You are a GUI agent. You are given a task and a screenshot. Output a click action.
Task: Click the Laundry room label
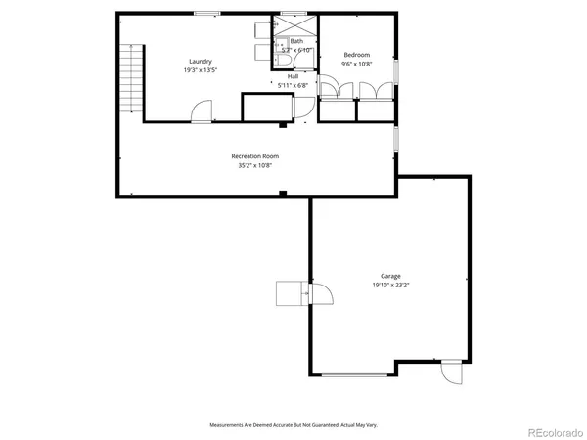pos(201,62)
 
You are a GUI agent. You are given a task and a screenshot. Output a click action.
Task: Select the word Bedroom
pos(355,54)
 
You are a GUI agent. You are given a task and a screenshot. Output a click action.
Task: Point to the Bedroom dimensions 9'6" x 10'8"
pos(355,64)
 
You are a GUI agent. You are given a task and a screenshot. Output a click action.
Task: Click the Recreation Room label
pos(255,156)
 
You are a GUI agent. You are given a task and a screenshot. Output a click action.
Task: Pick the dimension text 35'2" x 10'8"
pos(255,166)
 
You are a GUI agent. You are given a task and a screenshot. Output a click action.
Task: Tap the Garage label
pos(391,277)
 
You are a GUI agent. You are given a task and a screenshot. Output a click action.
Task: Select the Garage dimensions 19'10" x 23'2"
pos(391,286)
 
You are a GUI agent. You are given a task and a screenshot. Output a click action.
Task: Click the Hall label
pos(293,76)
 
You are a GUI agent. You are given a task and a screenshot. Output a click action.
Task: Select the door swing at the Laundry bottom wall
pos(200,112)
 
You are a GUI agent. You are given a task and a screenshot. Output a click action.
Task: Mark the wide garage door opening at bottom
pos(360,374)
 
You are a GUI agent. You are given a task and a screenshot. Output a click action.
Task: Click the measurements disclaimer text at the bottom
pos(293,425)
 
